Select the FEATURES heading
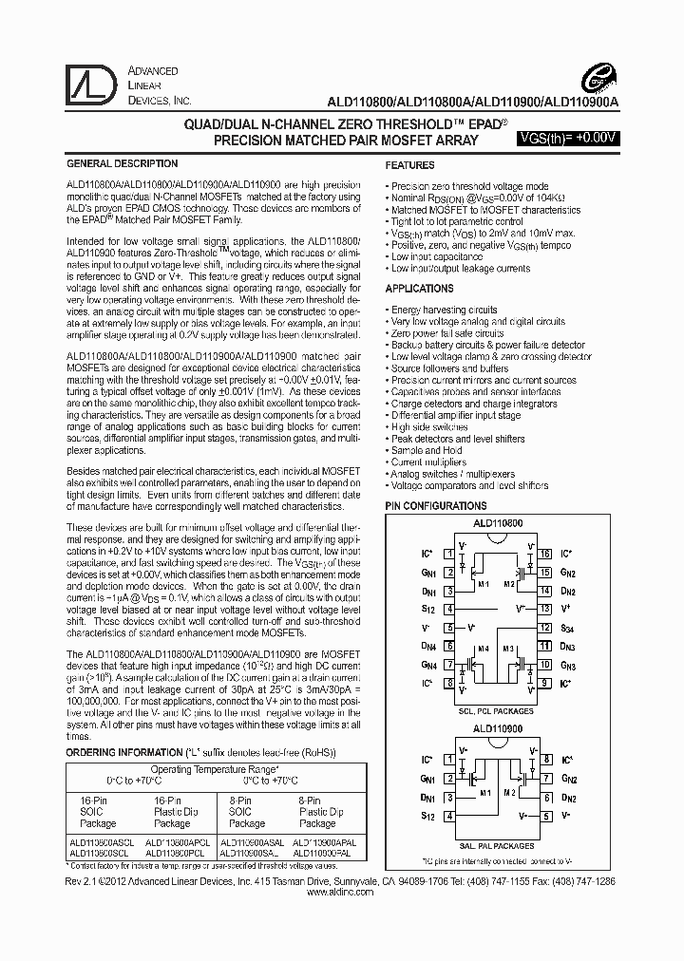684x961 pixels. [x=410, y=165]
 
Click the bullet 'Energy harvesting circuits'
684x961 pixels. [x=444, y=310]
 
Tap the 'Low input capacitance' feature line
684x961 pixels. [x=437, y=256]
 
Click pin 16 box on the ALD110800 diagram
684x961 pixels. [x=544, y=553]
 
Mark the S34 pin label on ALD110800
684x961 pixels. [x=566, y=629]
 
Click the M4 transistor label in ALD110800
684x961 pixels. [x=484, y=649]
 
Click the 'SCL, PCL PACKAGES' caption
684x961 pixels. [x=495, y=709]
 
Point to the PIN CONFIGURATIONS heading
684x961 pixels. [x=435, y=506]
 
